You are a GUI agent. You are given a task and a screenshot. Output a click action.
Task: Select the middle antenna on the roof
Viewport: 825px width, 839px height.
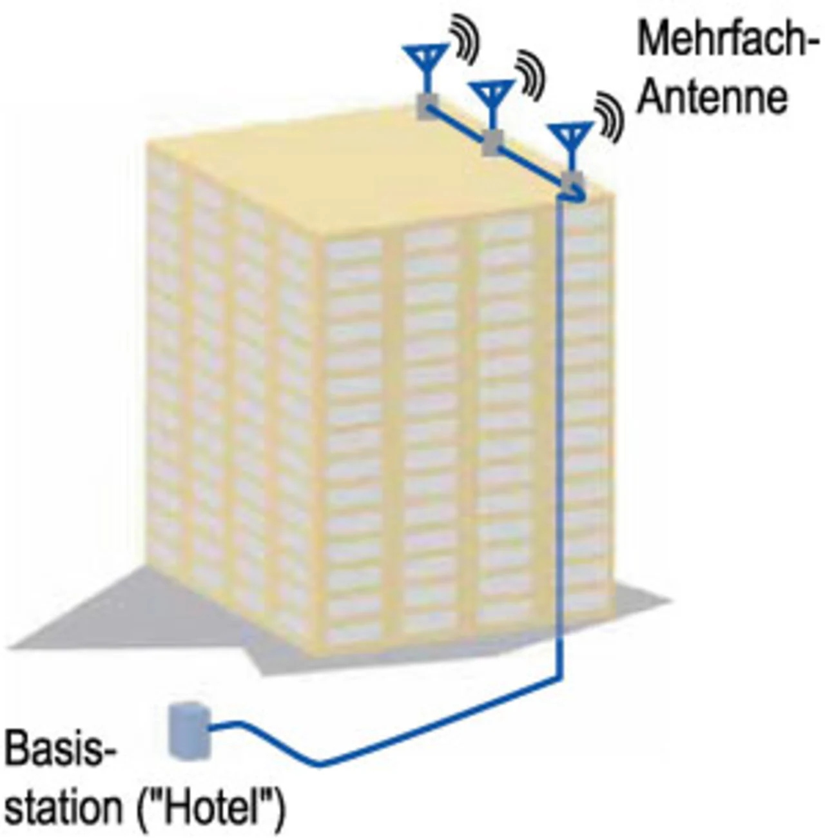[492, 97]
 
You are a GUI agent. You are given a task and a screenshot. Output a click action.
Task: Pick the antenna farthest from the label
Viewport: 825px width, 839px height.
[426, 61]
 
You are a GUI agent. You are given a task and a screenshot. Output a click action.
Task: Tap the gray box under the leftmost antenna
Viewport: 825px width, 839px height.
[427, 105]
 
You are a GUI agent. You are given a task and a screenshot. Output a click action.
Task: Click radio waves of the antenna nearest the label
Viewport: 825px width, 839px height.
[610, 116]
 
